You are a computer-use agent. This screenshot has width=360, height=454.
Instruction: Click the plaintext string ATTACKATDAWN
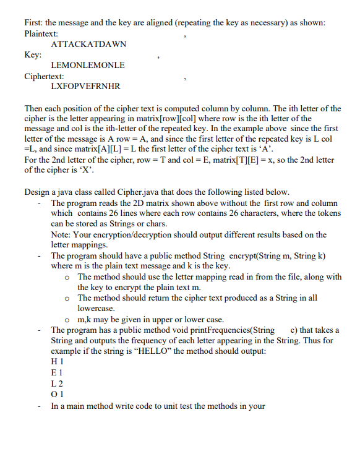(x=88, y=45)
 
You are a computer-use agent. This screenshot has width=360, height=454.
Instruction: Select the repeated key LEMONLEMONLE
(x=88, y=65)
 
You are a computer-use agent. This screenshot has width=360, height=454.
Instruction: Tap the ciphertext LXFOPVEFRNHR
(x=86, y=85)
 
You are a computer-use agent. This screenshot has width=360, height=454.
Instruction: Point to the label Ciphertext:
(x=45, y=75)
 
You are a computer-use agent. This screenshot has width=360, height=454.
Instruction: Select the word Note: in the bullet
(x=63, y=235)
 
